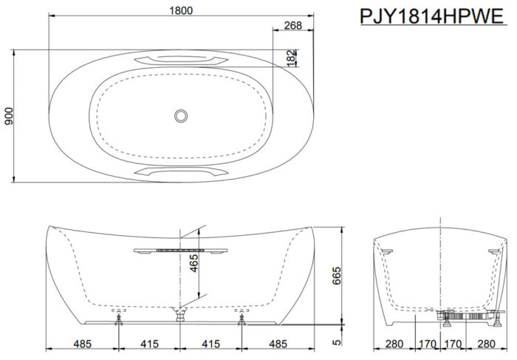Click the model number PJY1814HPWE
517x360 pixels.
(x=432, y=16)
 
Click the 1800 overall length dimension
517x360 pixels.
(x=181, y=10)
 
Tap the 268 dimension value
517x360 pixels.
(x=293, y=25)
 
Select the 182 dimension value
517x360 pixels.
(x=291, y=58)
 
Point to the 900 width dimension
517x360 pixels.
(x=9, y=116)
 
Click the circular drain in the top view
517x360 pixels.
(x=181, y=116)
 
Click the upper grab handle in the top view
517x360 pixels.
(x=181, y=60)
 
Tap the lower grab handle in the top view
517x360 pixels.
(x=181, y=171)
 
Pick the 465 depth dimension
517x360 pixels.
(x=194, y=263)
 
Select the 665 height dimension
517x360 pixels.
(x=336, y=276)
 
